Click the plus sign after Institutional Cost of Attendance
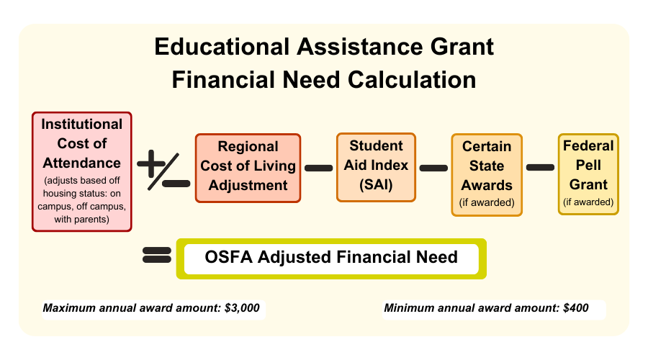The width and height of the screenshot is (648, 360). [x=151, y=163]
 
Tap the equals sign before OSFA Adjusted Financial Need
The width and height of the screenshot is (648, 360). [x=157, y=255]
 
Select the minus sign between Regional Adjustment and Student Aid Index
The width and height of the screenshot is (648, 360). [x=319, y=168]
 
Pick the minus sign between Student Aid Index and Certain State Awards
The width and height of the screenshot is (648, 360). [x=433, y=168]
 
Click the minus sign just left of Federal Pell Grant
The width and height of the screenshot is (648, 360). [x=540, y=167]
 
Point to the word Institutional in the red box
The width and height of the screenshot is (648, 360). [x=82, y=124]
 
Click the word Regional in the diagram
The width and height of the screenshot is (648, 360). [x=248, y=147]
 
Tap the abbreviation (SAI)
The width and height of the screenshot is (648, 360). [x=376, y=184]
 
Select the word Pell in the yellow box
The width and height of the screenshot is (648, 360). [x=588, y=165]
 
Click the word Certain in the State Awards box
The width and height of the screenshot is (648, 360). [x=487, y=146]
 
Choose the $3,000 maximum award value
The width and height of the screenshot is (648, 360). [x=242, y=308]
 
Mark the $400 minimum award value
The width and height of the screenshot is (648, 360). [x=576, y=308]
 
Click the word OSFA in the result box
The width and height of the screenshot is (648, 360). [x=228, y=257]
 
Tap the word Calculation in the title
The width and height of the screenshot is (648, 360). [x=412, y=80]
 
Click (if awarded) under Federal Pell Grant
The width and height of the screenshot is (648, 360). [x=588, y=202]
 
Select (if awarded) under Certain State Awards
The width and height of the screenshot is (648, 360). [x=487, y=202]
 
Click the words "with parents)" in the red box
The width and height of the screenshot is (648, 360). [x=82, y=219]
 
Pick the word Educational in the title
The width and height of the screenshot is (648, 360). [x=222, y=46]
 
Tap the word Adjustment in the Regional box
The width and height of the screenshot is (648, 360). [x=248, y=185]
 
